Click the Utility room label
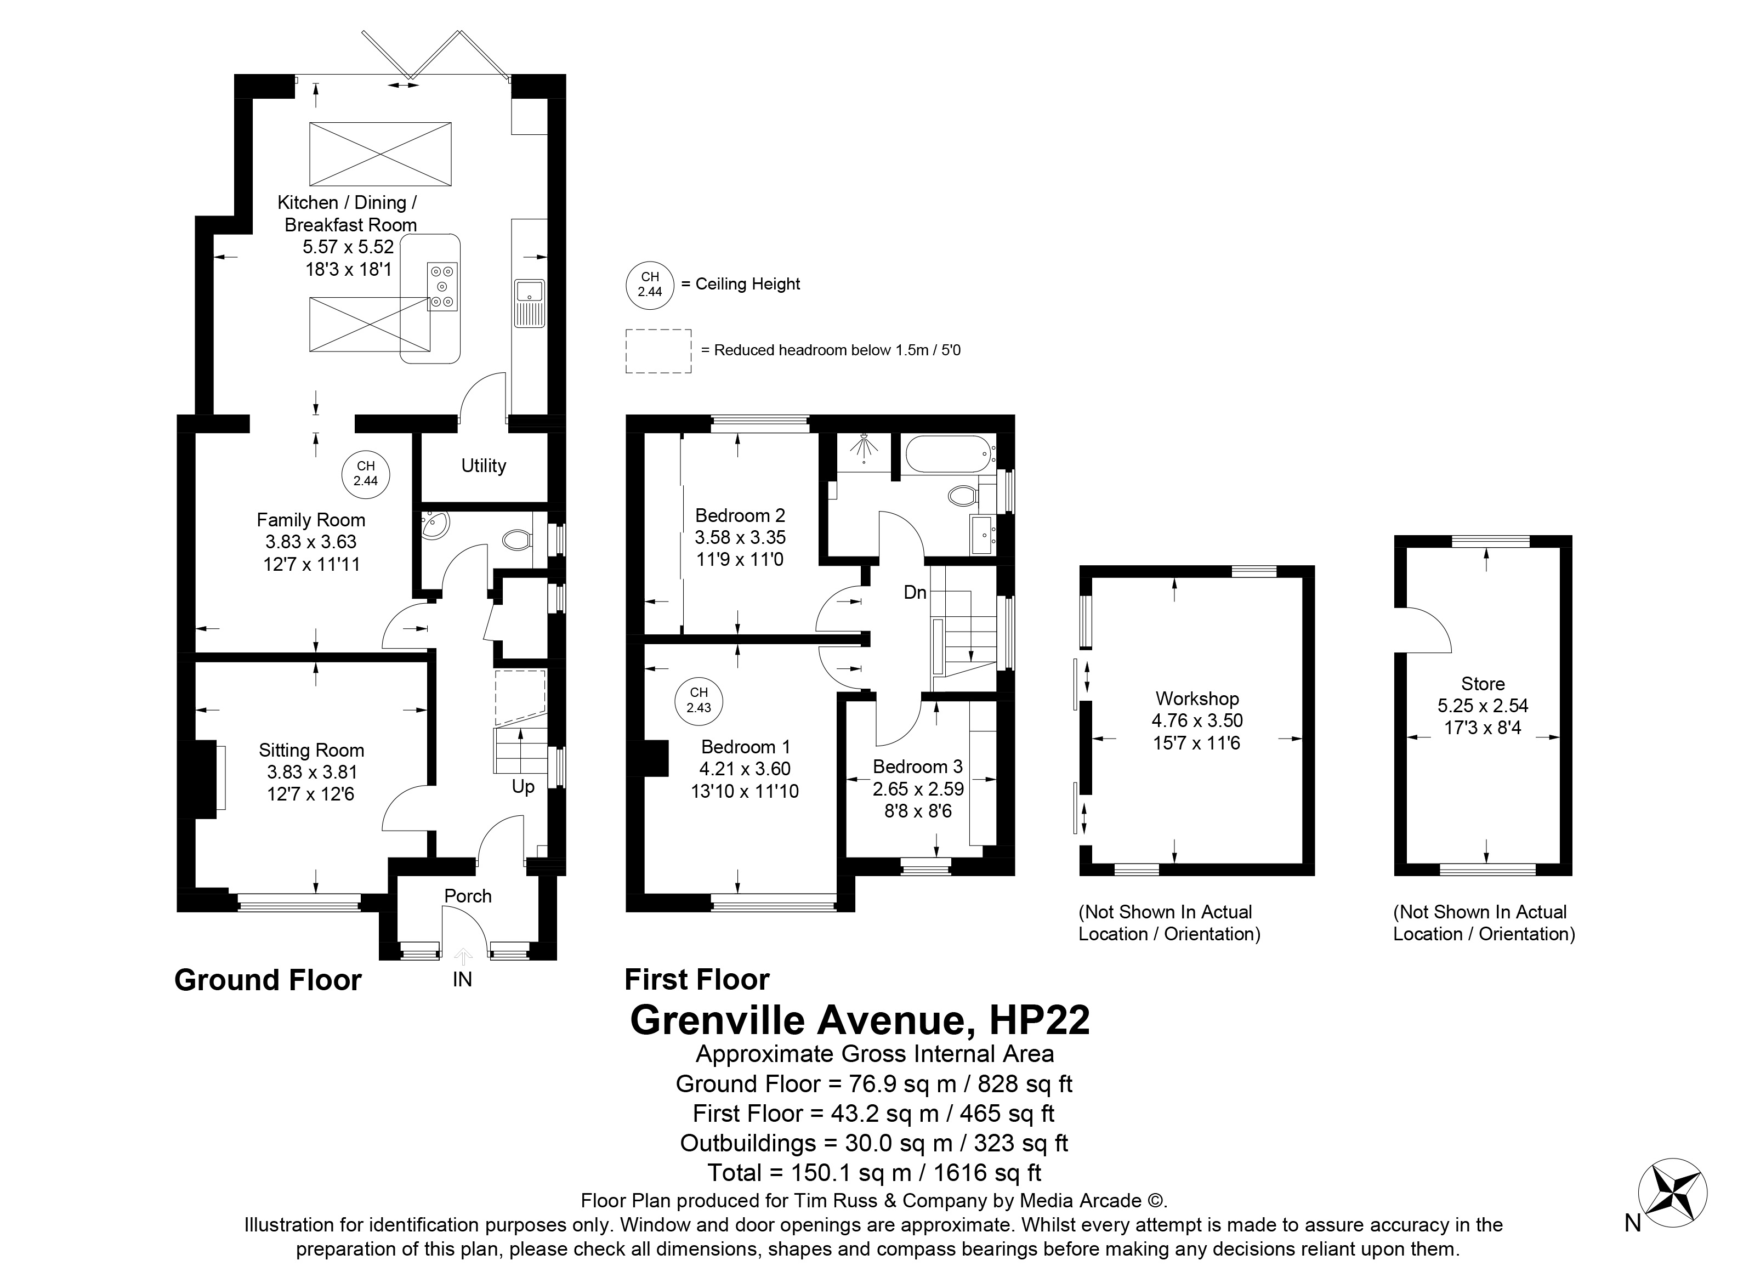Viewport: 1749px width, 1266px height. (x=484, y=465)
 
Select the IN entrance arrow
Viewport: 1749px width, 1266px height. (x=463, y=958)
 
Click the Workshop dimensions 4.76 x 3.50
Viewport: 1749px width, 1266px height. (x=1197, y=721)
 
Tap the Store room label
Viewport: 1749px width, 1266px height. (x=1483, y=684)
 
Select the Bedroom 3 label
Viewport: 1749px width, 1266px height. (x=918, y=767)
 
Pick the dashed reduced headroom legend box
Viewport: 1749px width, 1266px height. (x=658, y=351)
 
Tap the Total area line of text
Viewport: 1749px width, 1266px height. (x=874, y=1173)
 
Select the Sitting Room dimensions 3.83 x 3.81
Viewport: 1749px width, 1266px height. (x=311, y=773)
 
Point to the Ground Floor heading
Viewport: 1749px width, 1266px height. (x=268, y=980)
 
